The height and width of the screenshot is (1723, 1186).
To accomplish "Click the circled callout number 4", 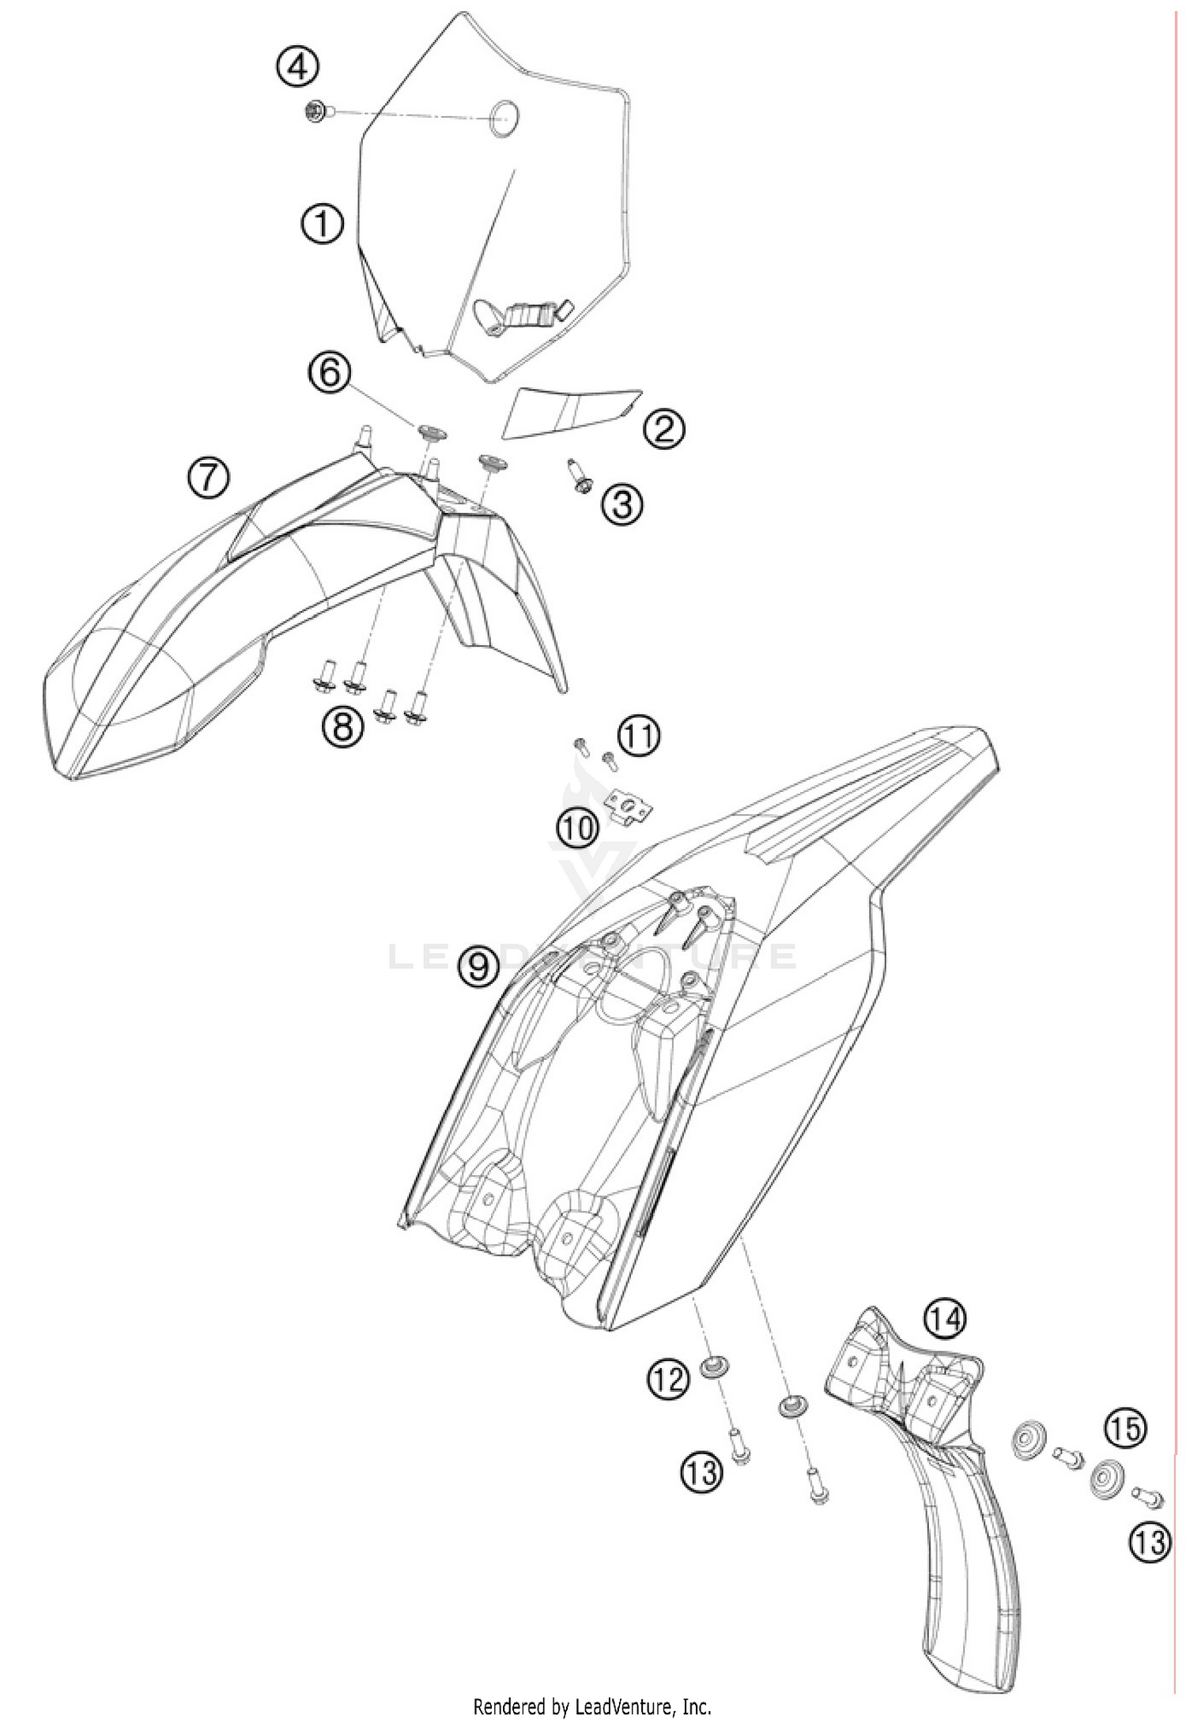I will coord(297,68).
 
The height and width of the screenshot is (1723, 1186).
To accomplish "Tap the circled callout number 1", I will coord(322,224).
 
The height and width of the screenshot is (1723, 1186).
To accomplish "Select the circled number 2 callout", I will coord(663,428).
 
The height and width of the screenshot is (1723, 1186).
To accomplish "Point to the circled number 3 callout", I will coord(622,503).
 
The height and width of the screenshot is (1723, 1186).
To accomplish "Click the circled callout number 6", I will coord(330,371).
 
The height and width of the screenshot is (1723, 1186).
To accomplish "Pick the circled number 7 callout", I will coord(208,478).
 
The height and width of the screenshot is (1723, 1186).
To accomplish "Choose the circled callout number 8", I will coord(343,726).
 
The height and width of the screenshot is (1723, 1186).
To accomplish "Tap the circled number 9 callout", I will coord(479,966).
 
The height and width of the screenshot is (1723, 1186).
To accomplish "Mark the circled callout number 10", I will coord(578,828).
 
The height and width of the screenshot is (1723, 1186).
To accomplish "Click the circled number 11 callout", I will coord(639,736).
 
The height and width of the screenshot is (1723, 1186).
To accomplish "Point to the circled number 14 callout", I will coord(946,1318).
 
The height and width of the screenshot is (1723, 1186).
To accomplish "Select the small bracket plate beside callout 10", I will coord(629,808).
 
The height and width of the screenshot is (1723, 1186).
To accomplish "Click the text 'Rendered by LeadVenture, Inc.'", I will coord(592,1707).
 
